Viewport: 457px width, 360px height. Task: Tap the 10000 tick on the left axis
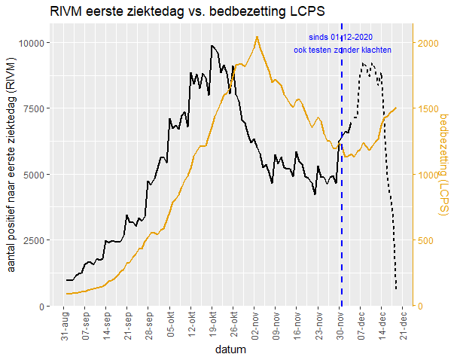coord(34,42)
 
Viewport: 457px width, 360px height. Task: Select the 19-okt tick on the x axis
coord(213,326)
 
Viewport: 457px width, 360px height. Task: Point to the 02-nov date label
coord(255,326)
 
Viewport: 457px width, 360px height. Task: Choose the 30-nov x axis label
coord(340,326)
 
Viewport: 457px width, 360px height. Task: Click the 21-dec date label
coord(403,326)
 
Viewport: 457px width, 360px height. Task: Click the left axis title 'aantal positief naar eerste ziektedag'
coord(11,174)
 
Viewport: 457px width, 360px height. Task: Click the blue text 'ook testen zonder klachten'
coord(342,50)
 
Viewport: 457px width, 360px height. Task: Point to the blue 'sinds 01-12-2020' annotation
coord(340,37)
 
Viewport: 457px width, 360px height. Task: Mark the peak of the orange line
coord(257,36)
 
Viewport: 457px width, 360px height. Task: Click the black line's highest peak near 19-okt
coord(212,45)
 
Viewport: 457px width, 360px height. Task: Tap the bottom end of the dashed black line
coord(396,288)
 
